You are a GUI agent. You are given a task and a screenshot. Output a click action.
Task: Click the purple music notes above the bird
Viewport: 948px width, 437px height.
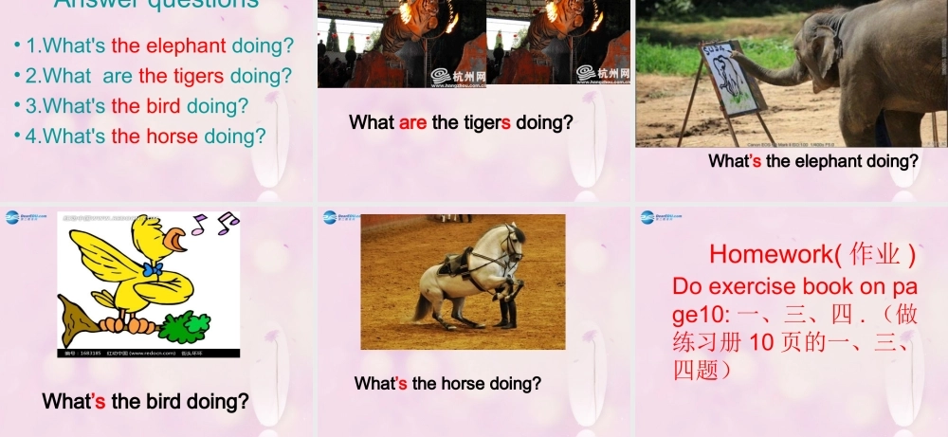214,225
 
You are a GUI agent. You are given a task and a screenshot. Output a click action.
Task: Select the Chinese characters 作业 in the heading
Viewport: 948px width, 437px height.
873,254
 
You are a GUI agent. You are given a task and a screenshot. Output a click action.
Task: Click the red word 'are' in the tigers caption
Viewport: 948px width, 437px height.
413,122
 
